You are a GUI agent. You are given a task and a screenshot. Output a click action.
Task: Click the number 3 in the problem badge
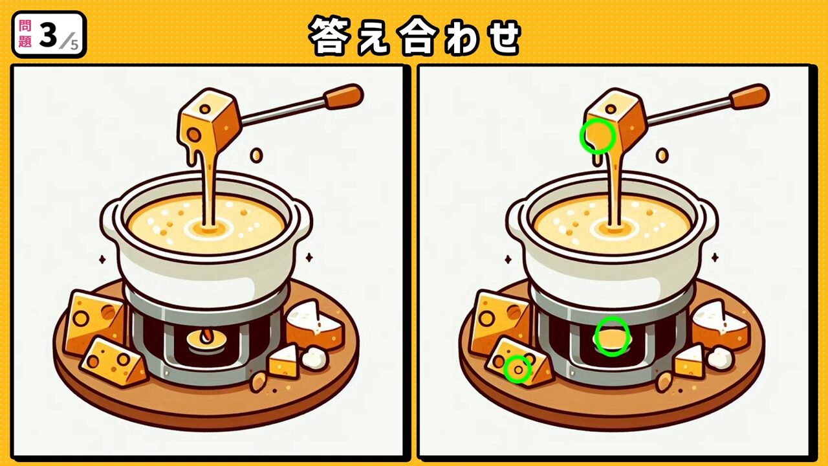pyautogui.click(x=48, y=36)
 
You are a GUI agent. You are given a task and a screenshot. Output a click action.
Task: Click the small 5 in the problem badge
pyautogui.click(x=74, y=45)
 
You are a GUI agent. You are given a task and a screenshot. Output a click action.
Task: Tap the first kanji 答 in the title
pyautogui.click(x=329, y=36)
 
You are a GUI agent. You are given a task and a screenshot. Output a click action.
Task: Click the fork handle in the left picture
pyautogui.click(x=343, y=96)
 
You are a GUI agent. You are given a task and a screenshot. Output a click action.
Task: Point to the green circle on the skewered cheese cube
pyautogui.click(x=597, y=137)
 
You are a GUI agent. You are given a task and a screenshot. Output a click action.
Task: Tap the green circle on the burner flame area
pyautogui.click(x=612, y=336)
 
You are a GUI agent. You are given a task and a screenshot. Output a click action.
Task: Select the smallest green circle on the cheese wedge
pyautogui.click(x=517, y=369)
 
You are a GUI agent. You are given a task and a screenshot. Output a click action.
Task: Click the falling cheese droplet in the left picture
pyautogui.click(x=256, y=155)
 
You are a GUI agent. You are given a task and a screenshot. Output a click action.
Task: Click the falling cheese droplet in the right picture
pyautogui.click(x=662, y=155)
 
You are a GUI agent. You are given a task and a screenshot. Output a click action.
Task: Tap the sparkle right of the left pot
pyautogui.click(x=309, y=258)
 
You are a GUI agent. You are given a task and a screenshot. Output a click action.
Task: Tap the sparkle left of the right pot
pyautogui.click(x=508, y=260)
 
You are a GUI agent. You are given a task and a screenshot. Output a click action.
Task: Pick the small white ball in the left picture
pyautogui.click(x=314, y=358)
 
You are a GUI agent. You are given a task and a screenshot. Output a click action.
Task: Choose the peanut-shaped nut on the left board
pyautogui.click(x=258, y=381)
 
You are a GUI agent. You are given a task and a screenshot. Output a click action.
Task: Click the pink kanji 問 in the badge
pyautogui.click(x=25, y=27)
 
